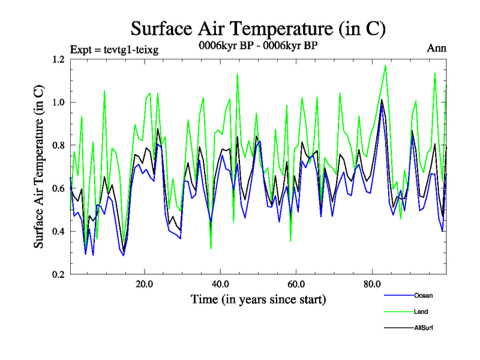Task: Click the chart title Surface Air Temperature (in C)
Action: (257, 29)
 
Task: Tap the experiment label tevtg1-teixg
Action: (114, 49)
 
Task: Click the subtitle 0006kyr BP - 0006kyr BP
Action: (257, 45)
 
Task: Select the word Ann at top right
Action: (436, 48)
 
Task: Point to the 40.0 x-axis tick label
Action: (220, 284)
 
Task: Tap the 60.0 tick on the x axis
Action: (296, 284)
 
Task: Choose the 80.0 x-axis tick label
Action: (372, 284)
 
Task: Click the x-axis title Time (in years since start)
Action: (259, 299)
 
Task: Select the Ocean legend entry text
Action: (423, 295)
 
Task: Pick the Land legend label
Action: (421, 311)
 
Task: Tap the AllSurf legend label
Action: (424, 328)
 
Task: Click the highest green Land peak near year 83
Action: (385, 65)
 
